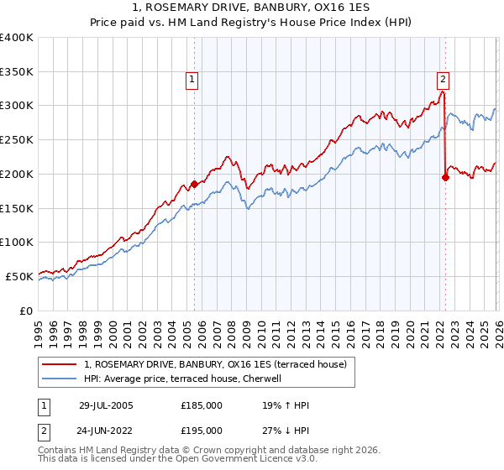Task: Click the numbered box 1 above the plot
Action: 192,80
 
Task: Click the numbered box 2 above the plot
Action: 443,80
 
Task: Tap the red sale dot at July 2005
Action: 194,183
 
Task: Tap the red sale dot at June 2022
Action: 445,176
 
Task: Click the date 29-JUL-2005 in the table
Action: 106,405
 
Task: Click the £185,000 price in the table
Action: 202,405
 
